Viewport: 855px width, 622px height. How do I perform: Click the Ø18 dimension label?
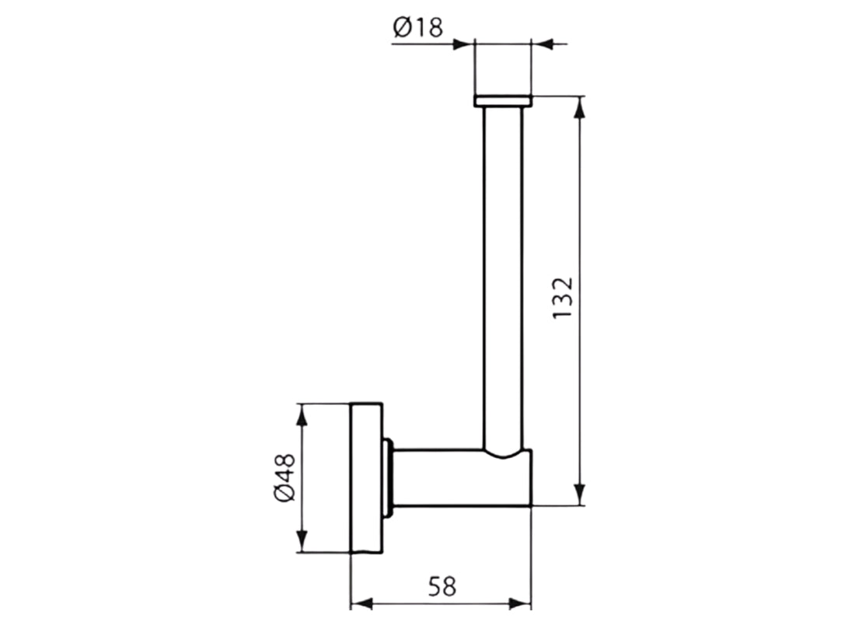(x=417, y=26)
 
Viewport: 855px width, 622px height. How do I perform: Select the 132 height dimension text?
(x=563, y=298)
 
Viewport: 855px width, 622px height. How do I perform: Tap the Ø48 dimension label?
(x=284, y=477)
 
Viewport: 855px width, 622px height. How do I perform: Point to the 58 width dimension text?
(x=441, y=586)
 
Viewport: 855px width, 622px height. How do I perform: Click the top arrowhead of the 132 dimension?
(x=580, y=107)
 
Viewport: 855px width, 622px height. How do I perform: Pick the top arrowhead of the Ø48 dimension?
(x=302, y=415)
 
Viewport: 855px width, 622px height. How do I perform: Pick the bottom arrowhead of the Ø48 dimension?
(x=302, y=541)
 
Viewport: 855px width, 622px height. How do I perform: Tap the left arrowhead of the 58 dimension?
(x=361, y=603)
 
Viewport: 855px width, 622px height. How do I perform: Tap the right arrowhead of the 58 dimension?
(x=520, y=603)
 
